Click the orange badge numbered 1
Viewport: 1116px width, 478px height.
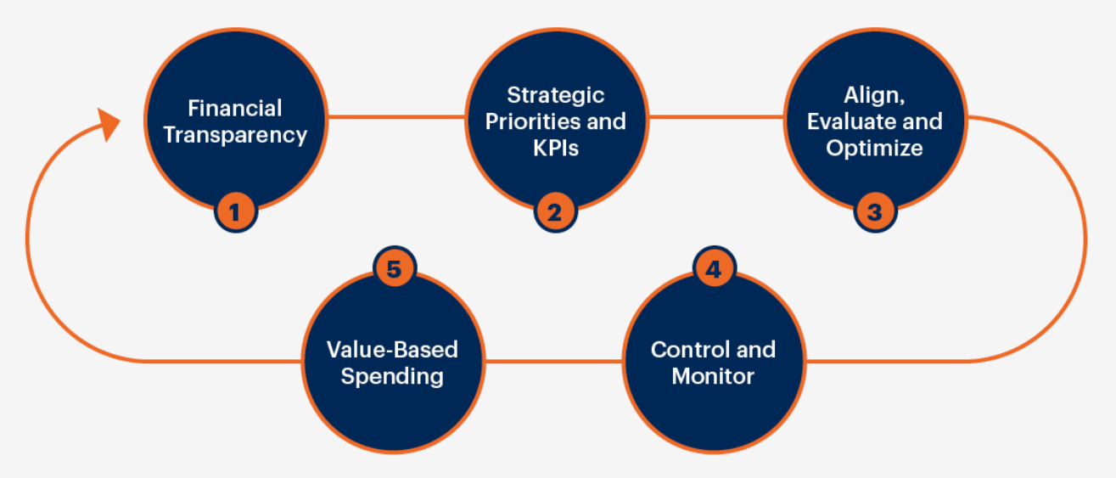[x=236, y=211]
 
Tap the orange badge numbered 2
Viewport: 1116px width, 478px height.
[x=555, y=211]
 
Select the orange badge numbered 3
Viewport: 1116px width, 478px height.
[x=875, y=211]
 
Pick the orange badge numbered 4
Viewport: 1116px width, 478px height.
[x=714, y=269]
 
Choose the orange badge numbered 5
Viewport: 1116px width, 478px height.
[x=394, y=269]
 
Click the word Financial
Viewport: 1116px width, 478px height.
[x=235, y=109]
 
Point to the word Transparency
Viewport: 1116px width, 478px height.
[x=235, y=135]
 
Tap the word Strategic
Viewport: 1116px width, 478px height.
[x=555, y=94]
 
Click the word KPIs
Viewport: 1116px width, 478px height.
[x=555, y=148]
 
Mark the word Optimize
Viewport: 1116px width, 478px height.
[x=874, y=148]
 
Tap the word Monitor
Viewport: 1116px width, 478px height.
[x=713, y=375]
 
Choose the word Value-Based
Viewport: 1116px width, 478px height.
[x=392, y=349]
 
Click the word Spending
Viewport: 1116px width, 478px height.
[x=392, y=375]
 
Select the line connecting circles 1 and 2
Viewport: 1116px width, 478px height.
[x=396, y=115]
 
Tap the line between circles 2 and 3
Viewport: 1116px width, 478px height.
[x=715, y=115]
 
